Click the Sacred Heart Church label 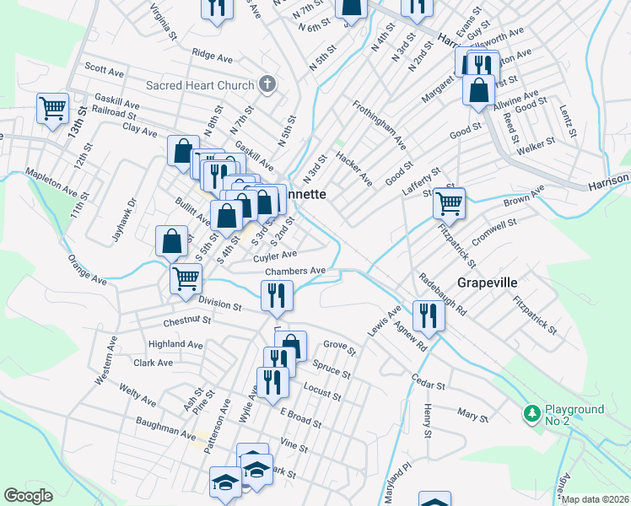click(200, 85)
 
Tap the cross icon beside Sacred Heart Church click(267, 84)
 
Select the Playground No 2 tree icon click(532, 414)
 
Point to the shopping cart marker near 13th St click(52, 108)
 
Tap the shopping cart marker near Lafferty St click(449, 202)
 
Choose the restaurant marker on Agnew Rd click(429, 315)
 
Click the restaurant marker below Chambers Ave click(275, 295)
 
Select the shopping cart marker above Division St click(186, 277)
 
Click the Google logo click(29, 496)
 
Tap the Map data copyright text click(595, 499)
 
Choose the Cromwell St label click(493, 232)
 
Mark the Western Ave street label click(106, 363)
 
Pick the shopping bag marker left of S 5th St click(171, 240)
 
